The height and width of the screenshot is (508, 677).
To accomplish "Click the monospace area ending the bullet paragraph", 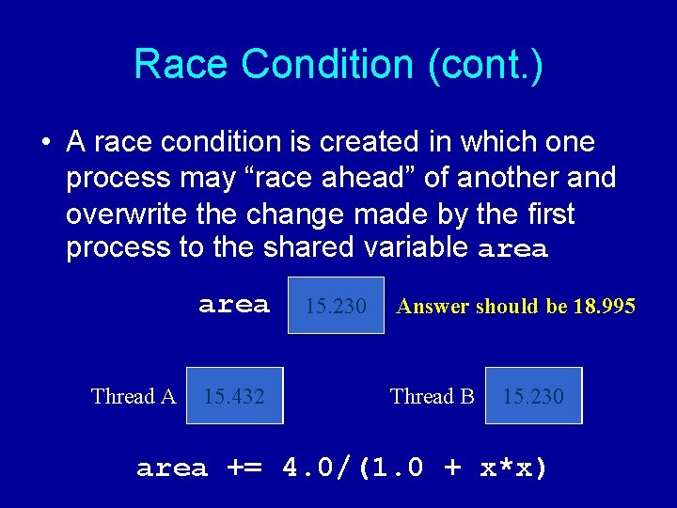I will (512, 250).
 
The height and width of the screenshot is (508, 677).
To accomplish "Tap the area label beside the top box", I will (234, 305).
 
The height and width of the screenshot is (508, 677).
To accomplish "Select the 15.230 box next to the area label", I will (336, 305).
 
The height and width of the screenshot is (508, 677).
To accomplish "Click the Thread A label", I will (134, 396).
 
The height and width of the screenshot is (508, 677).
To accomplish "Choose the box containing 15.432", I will (234, 396).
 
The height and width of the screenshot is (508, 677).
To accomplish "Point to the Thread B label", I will (433, 396).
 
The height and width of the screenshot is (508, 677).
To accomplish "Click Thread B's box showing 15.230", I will (533, 396).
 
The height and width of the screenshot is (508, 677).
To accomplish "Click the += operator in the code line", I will (245, 468).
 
